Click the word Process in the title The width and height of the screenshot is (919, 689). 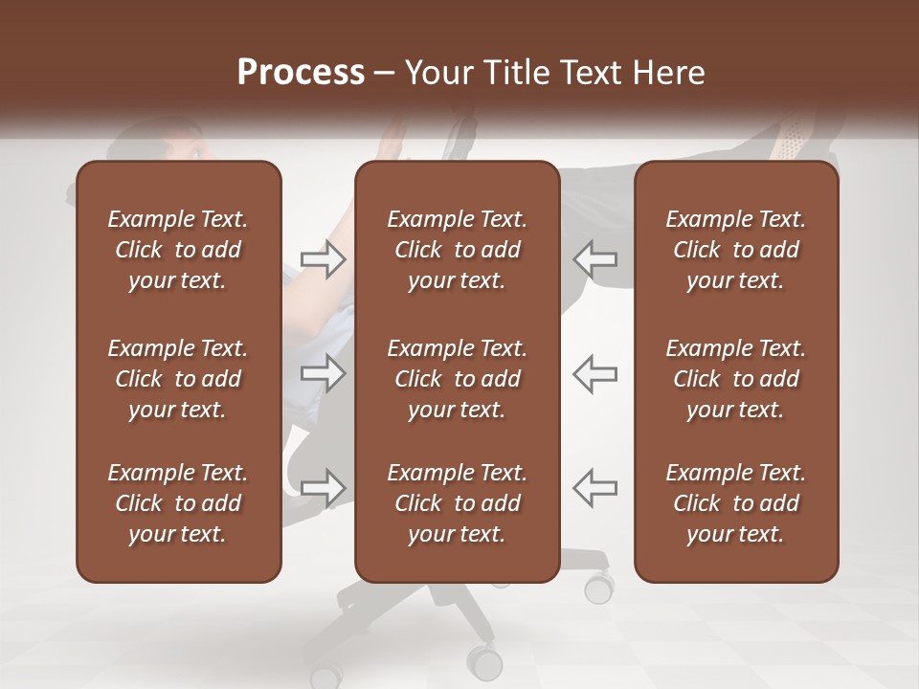pos(301,73)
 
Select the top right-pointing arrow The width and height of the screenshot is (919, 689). pos(323,259)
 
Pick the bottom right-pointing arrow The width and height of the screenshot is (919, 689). pos(323,487)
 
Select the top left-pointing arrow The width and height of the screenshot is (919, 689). pos(595,259)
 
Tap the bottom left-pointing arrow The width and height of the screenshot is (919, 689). pos(595,487)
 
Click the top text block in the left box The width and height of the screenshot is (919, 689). pos(178,250)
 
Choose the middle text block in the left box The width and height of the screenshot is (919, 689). pos(178,379)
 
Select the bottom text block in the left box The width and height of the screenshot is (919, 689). pos(178,503)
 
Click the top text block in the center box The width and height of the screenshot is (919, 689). pos(457,250)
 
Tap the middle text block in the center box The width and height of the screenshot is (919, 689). pos(457,379)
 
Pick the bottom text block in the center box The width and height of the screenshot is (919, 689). pos(457,503)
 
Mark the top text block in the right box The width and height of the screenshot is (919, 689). pos(735,250)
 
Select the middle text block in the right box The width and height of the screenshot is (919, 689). pos(735,379)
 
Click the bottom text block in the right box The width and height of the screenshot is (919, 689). pos(735,503)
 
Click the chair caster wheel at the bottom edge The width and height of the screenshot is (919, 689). pos(484,662)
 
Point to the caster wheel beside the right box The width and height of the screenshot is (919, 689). pos(599,587)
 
